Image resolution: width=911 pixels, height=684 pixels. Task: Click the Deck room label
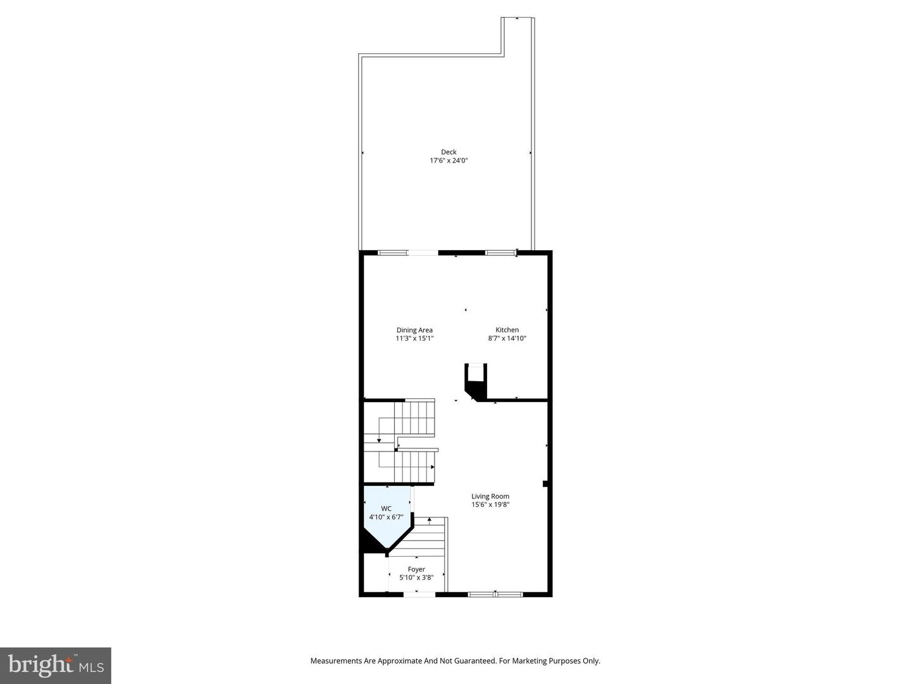449,152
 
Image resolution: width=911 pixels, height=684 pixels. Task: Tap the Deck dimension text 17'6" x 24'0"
449,161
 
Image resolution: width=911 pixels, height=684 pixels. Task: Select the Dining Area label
414,330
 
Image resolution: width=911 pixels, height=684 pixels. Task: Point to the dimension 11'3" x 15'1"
414,339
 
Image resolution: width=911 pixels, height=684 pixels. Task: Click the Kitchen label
507,330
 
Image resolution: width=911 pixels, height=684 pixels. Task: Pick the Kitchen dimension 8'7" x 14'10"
507,339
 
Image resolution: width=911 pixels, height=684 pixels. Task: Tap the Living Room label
490,497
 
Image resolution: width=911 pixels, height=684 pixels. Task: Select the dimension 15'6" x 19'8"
490,505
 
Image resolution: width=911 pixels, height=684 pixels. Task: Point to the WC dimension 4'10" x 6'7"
386,517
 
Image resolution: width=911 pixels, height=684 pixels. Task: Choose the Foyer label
416,569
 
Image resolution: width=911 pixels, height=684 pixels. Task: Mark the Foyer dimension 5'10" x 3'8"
416,578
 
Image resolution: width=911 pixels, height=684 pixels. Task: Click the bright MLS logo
56,665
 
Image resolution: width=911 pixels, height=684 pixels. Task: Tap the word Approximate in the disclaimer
400,661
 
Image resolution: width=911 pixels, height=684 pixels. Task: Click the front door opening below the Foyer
419,594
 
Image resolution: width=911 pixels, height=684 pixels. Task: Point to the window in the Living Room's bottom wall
495,594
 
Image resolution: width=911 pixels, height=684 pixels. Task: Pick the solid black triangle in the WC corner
371,543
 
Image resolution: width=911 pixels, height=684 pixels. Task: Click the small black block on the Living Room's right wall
545,484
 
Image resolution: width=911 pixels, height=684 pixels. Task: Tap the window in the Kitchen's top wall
500,253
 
